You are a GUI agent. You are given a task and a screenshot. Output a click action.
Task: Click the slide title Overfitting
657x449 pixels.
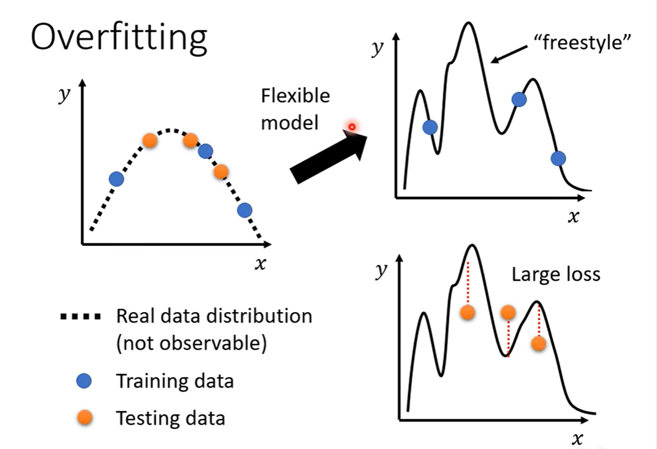119,38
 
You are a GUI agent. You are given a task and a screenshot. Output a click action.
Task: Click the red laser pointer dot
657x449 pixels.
352,127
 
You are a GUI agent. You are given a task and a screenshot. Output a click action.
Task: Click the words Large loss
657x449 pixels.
556,274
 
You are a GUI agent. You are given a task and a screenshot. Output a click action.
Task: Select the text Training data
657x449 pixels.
175,381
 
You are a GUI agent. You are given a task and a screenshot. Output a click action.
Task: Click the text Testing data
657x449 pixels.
170,418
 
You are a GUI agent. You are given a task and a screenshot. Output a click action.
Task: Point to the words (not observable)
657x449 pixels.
191,345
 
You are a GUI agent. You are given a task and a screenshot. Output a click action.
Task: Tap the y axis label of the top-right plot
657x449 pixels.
377,49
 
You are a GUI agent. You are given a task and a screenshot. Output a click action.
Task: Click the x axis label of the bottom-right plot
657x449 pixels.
577,439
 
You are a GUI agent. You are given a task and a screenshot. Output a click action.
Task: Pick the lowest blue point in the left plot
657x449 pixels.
245,210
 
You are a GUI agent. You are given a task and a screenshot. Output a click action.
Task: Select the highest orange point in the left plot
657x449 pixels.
150,140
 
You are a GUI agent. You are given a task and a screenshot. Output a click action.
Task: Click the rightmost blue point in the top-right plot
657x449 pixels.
558,158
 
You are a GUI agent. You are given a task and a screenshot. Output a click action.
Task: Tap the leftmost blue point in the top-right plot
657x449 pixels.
430,127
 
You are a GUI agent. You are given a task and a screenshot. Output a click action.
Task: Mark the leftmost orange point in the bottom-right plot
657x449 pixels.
468,312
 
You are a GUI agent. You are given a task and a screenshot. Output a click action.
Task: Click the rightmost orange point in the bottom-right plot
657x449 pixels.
538,343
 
